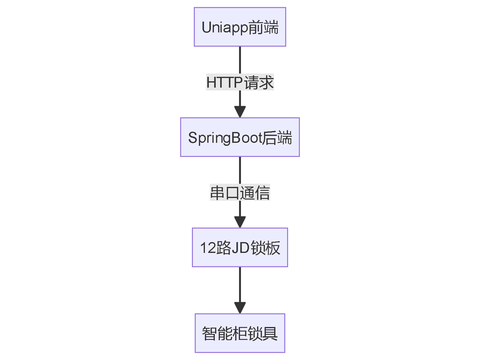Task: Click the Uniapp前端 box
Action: point(240,27)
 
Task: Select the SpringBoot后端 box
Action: point(240,137)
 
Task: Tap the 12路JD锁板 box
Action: point(240,247)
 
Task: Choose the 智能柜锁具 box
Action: point(240,333)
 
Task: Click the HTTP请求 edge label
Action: point(240,82)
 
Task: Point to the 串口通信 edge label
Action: point(240,193)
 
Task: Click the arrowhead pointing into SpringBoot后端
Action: point(240,112)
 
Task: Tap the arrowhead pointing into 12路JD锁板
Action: point(240,222)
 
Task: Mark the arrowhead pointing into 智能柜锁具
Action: point(240,308)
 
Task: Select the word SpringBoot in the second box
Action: point(225,138)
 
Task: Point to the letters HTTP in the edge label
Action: point(224,82)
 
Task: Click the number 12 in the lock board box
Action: point(207,248)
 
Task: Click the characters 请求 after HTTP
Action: point(259,82)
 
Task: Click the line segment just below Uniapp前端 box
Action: point(240,58)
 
